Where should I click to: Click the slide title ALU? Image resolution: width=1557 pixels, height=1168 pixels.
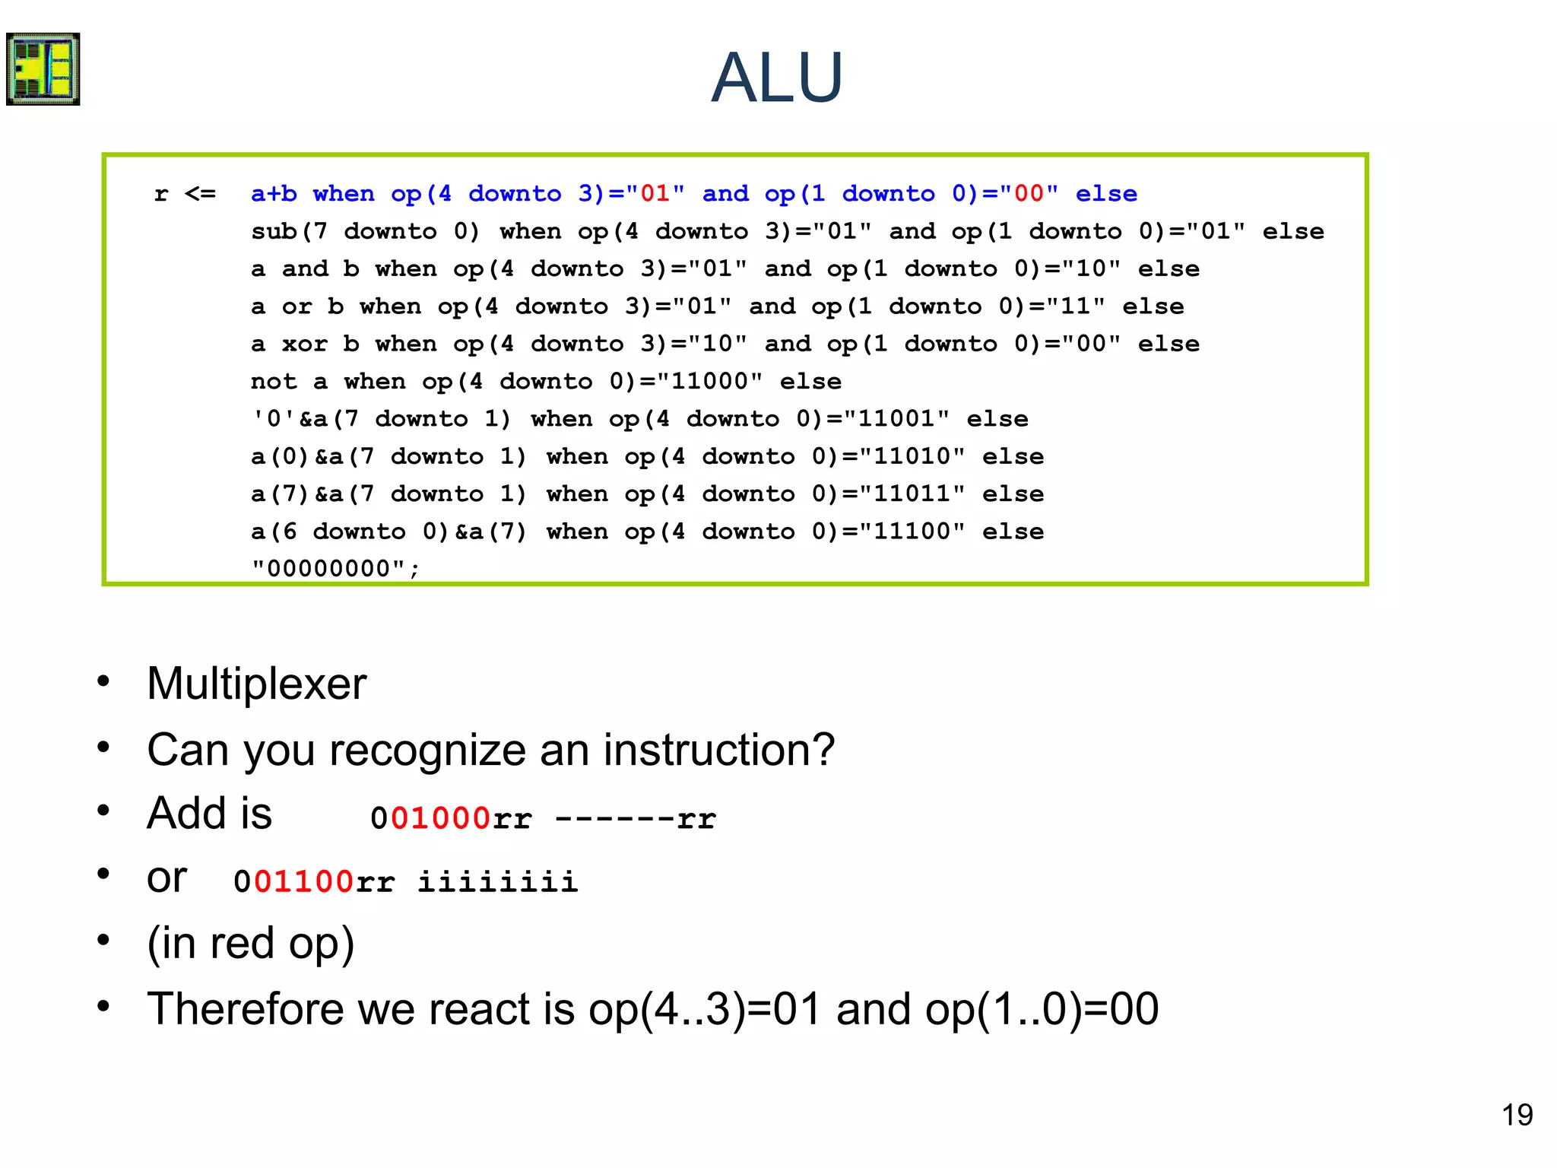[777, 78]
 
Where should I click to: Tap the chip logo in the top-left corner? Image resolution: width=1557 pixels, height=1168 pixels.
[43, 69]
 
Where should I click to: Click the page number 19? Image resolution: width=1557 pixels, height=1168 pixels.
[1517, 1116]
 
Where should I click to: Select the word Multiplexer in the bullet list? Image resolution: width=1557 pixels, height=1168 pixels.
[257, 684]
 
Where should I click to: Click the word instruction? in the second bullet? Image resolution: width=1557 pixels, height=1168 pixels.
[718, 750]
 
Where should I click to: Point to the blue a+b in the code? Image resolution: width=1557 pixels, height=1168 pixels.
[274, 194]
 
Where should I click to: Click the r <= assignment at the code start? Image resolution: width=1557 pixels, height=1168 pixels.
[185, 194]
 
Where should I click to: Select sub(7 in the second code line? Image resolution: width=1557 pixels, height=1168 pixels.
[289, 231]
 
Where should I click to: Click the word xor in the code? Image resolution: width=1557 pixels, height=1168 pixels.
[305, 344]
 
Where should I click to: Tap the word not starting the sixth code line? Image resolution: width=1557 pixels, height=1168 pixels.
[274, 381]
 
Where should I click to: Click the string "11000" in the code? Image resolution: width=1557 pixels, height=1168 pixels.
[709, 381]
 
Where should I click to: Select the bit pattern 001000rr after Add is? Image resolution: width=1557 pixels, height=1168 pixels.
[451, 819]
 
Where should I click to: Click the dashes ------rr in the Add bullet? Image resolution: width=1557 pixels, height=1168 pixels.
[636, 819]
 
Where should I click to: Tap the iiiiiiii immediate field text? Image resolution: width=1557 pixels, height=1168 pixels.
[498, 882]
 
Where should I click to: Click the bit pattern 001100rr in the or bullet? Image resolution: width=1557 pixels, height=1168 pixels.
[314, 882]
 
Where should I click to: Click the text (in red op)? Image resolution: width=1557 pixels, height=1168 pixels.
[251, 944]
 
